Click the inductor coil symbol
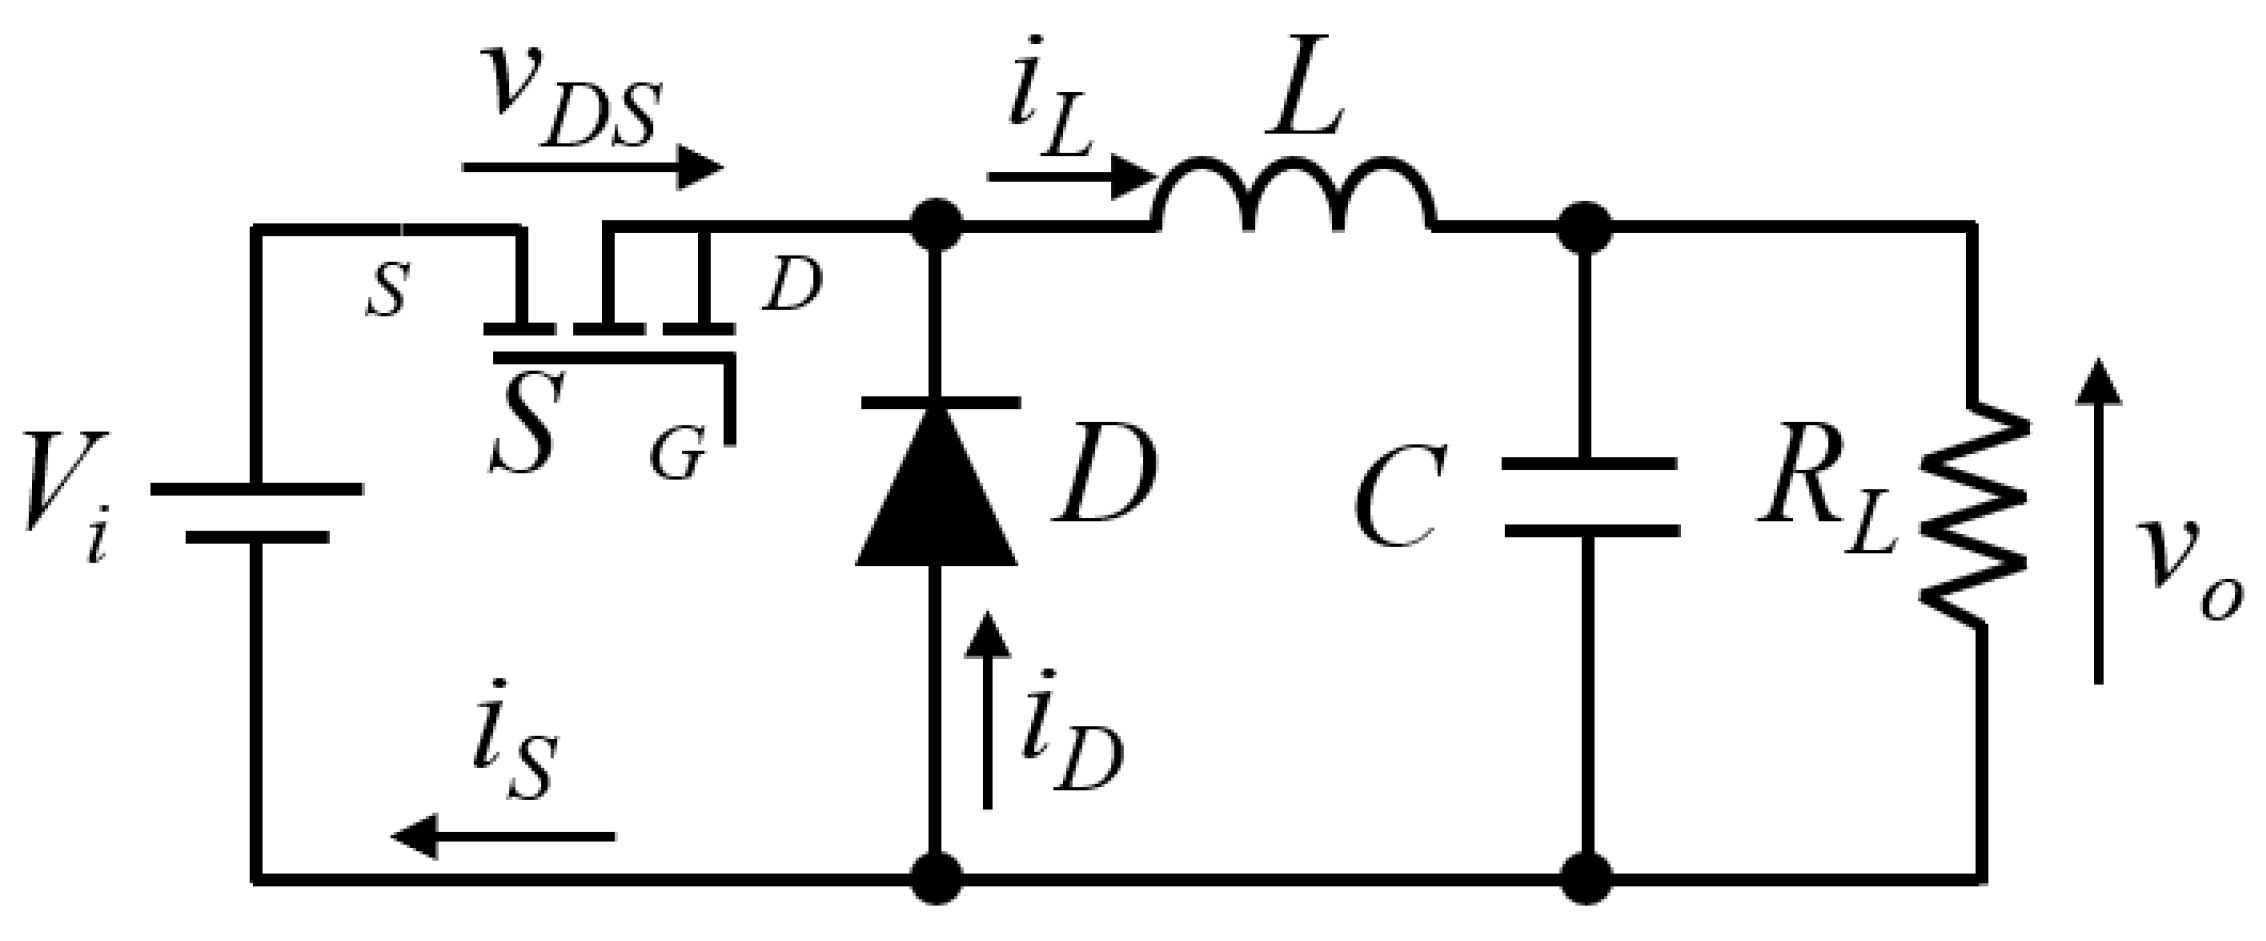point(1295,195)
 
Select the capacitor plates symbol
point(1590,497)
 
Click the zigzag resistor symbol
point(1975,515)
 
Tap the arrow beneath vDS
point(592,167)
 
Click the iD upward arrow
point(988,710)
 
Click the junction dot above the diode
point(937,229)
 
